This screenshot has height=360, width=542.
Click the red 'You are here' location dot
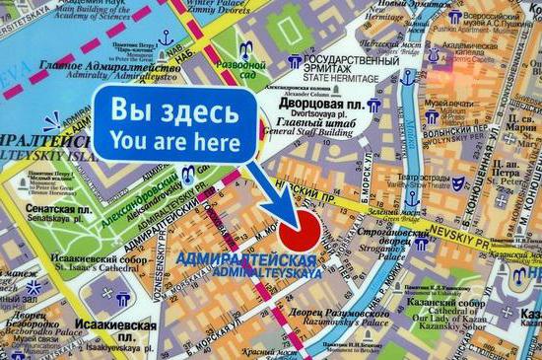305,233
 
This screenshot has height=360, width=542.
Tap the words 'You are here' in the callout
175,141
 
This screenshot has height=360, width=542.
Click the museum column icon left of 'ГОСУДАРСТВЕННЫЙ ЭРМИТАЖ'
293,62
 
